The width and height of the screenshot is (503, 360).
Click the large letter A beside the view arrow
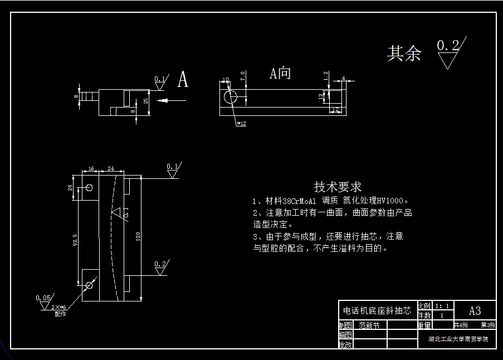coord(183,80)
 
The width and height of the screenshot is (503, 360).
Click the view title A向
coord(280,74)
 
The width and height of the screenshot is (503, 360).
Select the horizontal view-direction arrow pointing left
coord(171,100)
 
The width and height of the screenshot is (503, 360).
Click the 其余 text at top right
coord(404,53)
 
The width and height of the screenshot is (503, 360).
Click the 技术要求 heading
coord(338,187)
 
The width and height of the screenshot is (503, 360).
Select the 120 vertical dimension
coord(137,237)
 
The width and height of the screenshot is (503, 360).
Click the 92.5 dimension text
coord(75,240)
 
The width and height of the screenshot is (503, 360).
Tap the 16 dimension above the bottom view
coord(91,168)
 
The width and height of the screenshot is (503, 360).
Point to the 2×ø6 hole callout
coord(58,308)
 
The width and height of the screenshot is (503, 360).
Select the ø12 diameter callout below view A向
coord(241,124)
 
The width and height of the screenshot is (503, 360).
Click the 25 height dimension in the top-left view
coord(146,101)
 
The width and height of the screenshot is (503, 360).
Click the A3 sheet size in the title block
coord(475,311)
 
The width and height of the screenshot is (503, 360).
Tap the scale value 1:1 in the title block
coord(442,306)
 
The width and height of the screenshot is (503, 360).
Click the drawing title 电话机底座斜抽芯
coord(377,311)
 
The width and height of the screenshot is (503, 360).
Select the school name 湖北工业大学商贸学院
coord(458,339)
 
